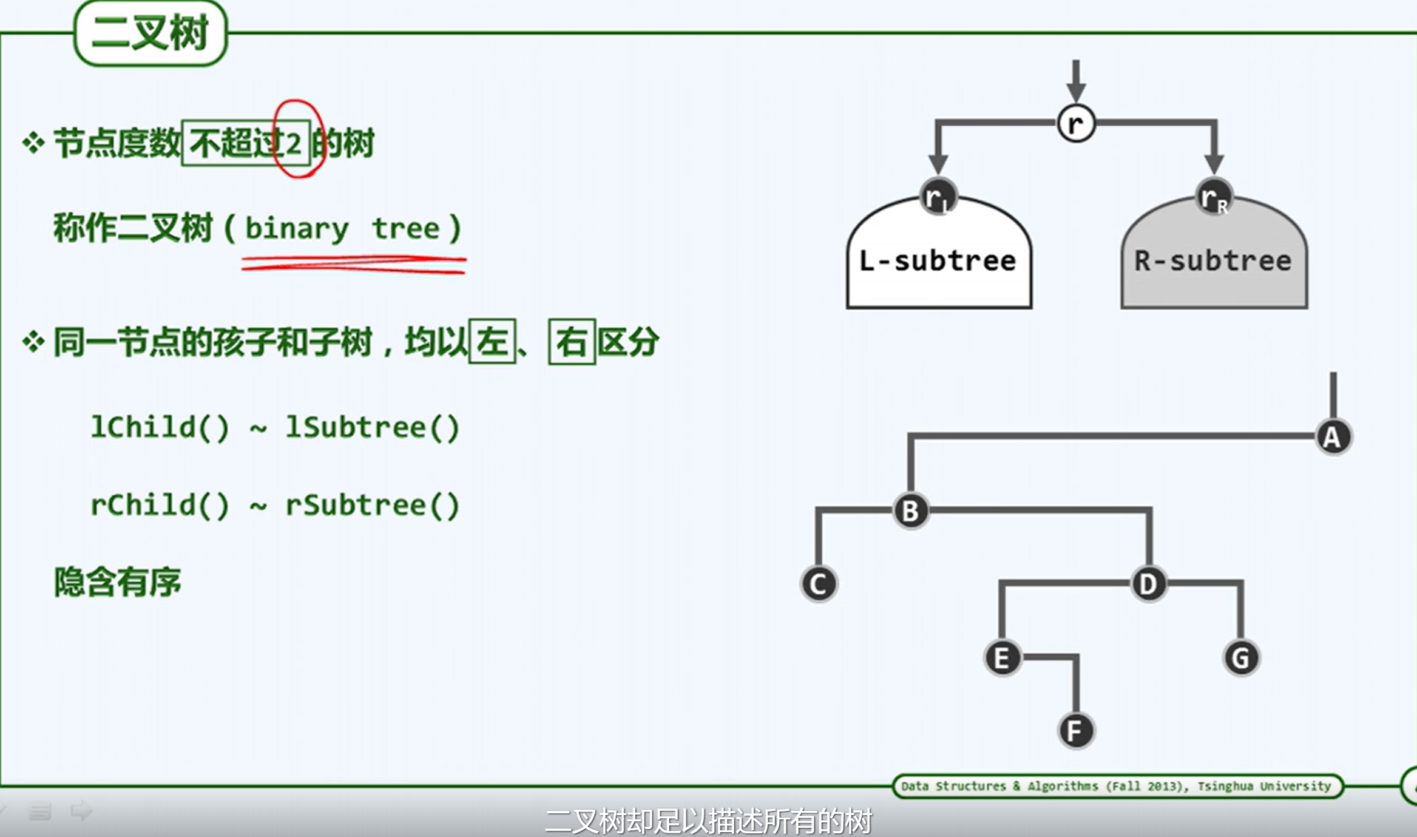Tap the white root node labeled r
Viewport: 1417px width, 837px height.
(x=1076, y=123)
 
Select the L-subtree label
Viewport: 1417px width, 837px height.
(x=938, y=261)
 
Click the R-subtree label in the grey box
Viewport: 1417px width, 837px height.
(x=1213, y=261)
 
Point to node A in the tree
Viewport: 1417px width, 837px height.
(x=1333, y=437)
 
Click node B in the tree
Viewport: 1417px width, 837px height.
(x=910, y=511)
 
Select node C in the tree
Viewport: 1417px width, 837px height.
(x=819, y=584)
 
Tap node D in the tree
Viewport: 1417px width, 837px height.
(x=1148, y=584)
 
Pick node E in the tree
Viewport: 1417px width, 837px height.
(x=1002, y=658)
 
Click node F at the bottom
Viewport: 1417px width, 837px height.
(x=1075, y=731)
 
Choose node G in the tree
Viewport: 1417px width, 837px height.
(x=1240, y=658)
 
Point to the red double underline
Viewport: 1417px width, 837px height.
(x=354, y=265)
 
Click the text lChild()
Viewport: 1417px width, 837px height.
(x=160, y=427)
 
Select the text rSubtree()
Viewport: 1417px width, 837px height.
(x=373, y=505)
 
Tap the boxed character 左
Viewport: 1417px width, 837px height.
(x=492, y=342)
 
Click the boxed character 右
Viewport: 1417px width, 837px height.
(x=571, y=342)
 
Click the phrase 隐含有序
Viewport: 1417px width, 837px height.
(x=117, y=582)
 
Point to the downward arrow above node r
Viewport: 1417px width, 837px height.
(x=1076, y=81)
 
